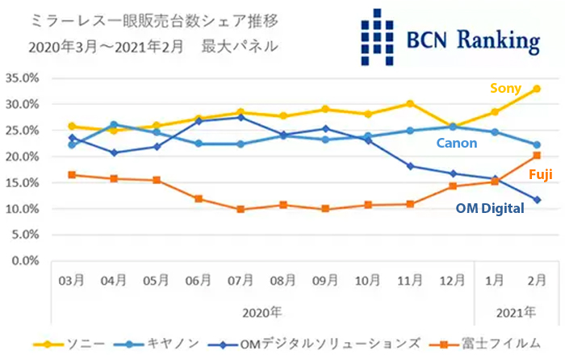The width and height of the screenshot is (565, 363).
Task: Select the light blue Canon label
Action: click(x=457, y=144)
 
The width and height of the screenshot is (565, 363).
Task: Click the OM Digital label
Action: click(x=490, y=208)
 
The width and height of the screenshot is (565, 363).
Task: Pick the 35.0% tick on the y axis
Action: click(x=23, y=78)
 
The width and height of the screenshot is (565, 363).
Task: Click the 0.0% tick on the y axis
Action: click(x=27, y=261)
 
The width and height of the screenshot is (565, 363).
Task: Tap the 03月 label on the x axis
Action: click(x=72, y=281)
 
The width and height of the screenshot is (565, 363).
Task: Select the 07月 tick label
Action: click(x=241, y=281)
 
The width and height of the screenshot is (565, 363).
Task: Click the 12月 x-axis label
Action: click(x=452, y=281)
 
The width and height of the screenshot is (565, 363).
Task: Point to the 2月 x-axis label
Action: click(x=537, y=281)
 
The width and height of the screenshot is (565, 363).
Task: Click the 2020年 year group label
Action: click(x=262, y=311)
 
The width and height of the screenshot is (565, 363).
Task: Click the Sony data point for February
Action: click(x=537, y=89)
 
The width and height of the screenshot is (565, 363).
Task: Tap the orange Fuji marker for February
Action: click(x=537, y=156)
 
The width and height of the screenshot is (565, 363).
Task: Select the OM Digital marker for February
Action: click(x=537, y=199)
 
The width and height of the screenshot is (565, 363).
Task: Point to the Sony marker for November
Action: click(x=410, y=103)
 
